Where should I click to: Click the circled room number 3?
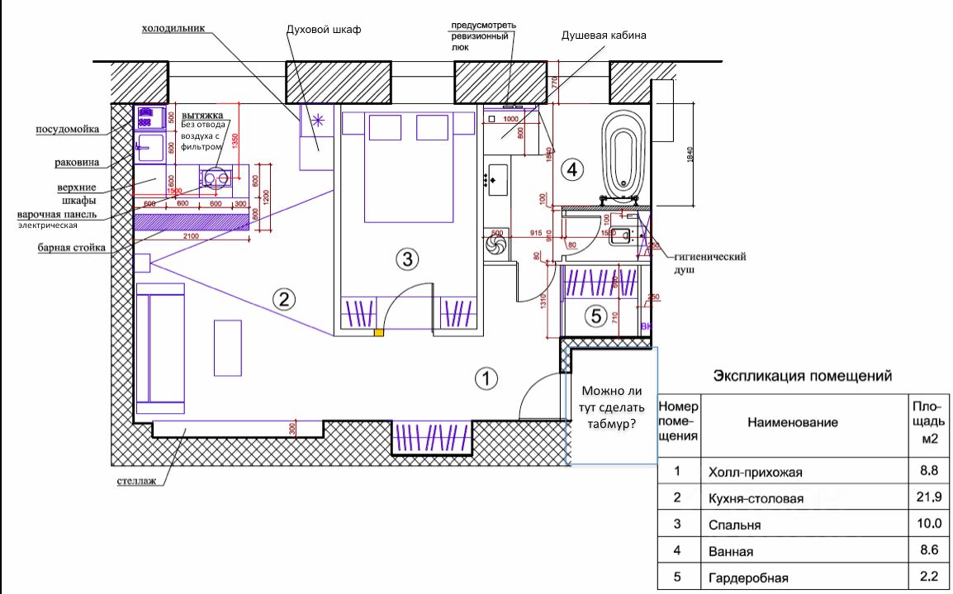pos(405,259)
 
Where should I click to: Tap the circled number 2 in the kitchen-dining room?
pos(284,299)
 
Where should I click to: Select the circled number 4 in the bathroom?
pos(571,170)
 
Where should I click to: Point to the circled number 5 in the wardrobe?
pos(595,316)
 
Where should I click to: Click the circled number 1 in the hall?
pos(486,378)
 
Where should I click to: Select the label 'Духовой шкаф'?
pos(324,30)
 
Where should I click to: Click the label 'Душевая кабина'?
pos(604,36)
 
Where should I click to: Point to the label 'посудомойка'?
pos(68,129)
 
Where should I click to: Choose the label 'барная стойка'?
pos(71,247)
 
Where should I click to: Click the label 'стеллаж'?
pos(137,479)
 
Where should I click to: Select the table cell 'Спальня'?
pos(734,525)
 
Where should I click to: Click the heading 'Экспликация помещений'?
pos(803,376)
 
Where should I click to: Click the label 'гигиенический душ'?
pos(709,263)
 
